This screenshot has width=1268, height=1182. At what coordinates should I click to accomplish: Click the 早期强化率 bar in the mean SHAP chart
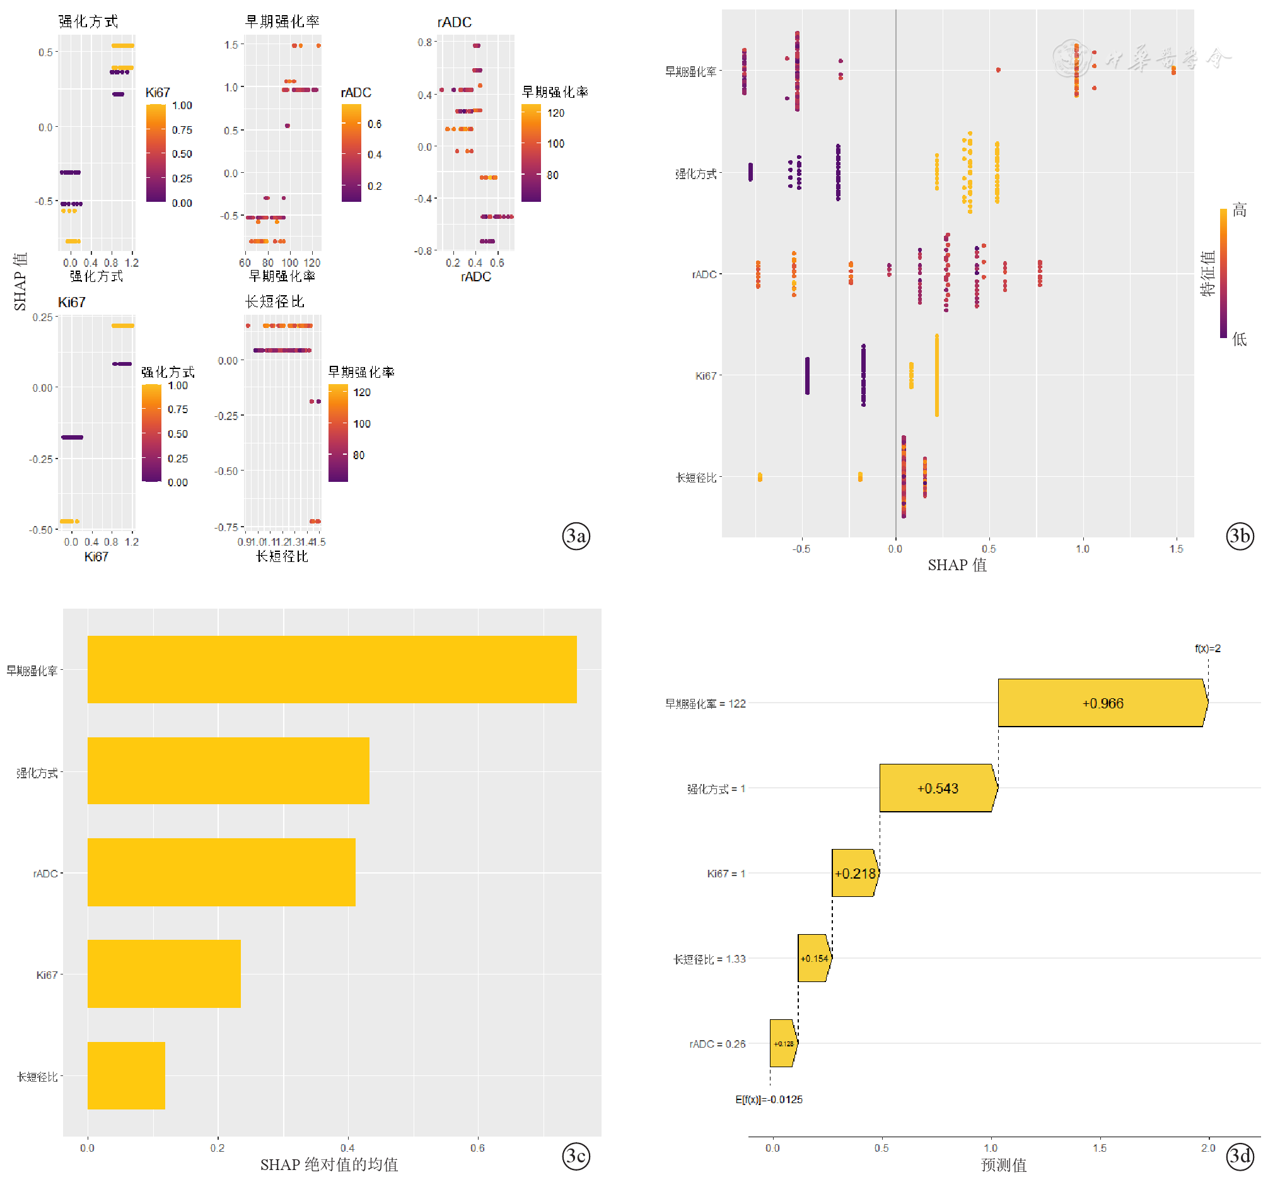click(x=332, y=669)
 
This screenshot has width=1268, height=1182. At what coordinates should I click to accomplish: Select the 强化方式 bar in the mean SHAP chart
click(x=228, y=771)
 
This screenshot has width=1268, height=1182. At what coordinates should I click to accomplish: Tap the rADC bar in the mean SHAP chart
click(x=221, y=872)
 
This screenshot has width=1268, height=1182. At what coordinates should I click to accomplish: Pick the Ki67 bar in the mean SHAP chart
click(x=164, y=973)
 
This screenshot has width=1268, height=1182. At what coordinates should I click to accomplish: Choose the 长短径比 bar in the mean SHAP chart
click(x=126, y=1075)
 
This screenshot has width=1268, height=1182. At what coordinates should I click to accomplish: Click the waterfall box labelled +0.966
click(x=1102, y=703)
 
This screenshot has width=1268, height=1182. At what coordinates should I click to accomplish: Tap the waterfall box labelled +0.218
click(x=855, y=874)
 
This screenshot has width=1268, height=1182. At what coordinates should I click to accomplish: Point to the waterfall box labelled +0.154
click(x=814, y=958)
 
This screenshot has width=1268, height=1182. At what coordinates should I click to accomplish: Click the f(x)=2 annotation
click(x=1207, y=649)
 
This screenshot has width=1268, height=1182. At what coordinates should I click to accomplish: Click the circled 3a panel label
click(x=576, y=536)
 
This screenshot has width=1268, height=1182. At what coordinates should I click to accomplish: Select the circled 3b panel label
click(x=1240, y=536)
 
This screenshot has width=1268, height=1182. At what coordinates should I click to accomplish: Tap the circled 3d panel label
click(x=1240, y=1156)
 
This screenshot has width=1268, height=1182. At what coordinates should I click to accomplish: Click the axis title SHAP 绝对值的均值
click(x=329, y=1165)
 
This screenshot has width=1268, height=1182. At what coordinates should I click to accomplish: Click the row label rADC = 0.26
click(x=717, y=1044)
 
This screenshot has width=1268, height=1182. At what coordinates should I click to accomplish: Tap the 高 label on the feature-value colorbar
click(x=1239, y=210)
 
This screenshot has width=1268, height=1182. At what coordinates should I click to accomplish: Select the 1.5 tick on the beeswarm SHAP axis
click(x=1176, y=549)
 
